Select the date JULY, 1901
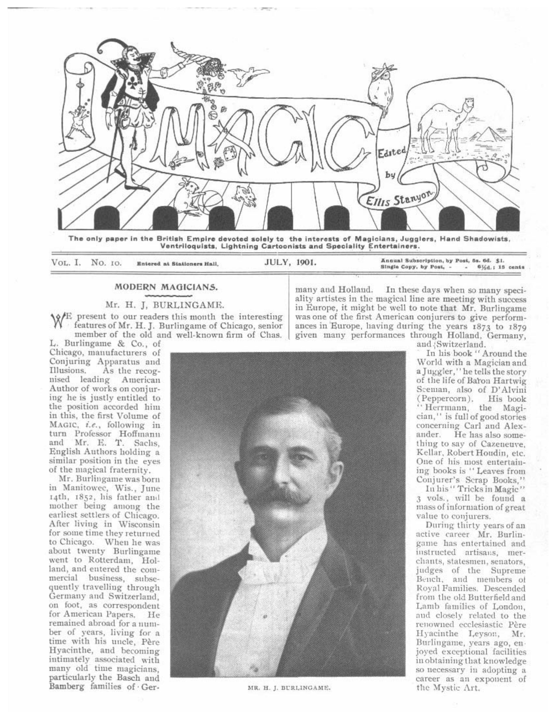(x=290, y=263)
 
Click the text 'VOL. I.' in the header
(x=66, y=263)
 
